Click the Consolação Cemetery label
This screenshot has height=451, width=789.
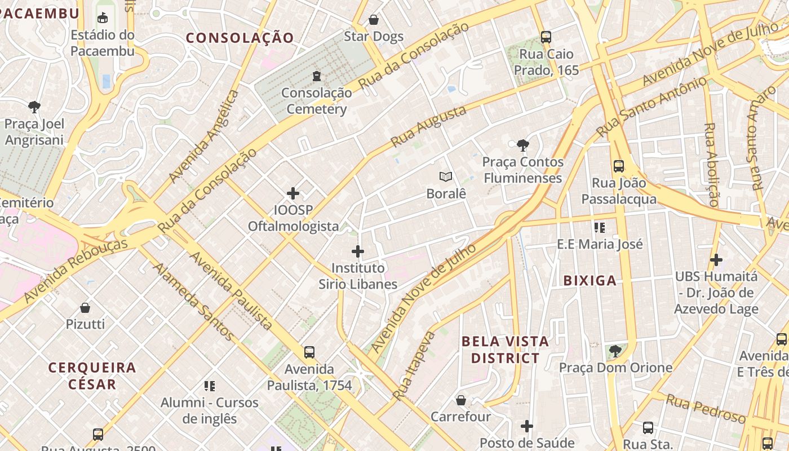[x=316, y=101]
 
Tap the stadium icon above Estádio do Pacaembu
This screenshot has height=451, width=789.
[x=102, y=18]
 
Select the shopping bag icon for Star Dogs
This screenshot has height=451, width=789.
[x=374, y=20]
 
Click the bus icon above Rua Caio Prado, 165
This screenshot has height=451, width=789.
[x=546, y=37]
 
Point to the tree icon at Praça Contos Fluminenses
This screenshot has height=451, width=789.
[x=522, y=145]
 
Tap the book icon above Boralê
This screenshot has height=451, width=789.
[x=446, y=177]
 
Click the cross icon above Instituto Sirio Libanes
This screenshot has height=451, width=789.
[x=358, y=251]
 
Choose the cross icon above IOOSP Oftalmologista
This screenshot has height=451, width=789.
[x=293, y=193]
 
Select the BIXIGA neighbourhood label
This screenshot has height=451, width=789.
[x=590, y=281]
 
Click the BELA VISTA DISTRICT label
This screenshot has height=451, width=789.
[x=505, y=350]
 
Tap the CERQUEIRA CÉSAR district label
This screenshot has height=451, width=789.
[x=92, y=376]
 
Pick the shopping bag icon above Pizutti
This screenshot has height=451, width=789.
[x=85, y=307]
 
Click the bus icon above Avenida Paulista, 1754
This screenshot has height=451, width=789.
[x=309, y=352]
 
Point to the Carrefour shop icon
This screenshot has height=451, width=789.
[x=461, y=400]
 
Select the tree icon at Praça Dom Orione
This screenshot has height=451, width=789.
[x=615, y=351]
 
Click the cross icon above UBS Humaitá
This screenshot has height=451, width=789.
[x=716, y=260]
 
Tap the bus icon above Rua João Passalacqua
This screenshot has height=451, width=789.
[x=618, y=166]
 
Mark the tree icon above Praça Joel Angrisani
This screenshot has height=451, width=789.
[x=34, y=107]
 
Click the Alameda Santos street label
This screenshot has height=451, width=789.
[x=193, y=302]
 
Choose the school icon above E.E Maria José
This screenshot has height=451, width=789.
[x=600, y=228]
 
